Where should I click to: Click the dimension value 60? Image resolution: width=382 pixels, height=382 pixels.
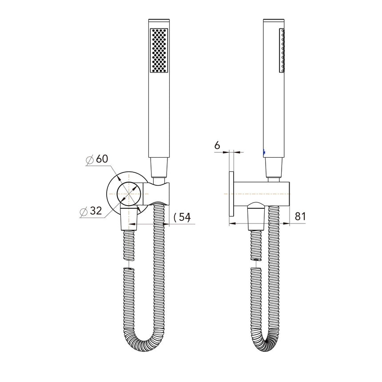coord(102,159)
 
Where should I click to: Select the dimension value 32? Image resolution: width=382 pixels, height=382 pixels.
coord(95,211)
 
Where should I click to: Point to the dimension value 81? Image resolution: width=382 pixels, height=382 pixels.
coord(300,216)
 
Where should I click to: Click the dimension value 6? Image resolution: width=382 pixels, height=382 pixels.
coord(217,145)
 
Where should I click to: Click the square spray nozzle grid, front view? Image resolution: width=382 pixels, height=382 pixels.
coord(160,50)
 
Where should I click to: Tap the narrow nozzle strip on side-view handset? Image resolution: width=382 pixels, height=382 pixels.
coord(282,50)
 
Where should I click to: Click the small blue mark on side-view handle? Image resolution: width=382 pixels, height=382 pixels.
coord(264,152)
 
